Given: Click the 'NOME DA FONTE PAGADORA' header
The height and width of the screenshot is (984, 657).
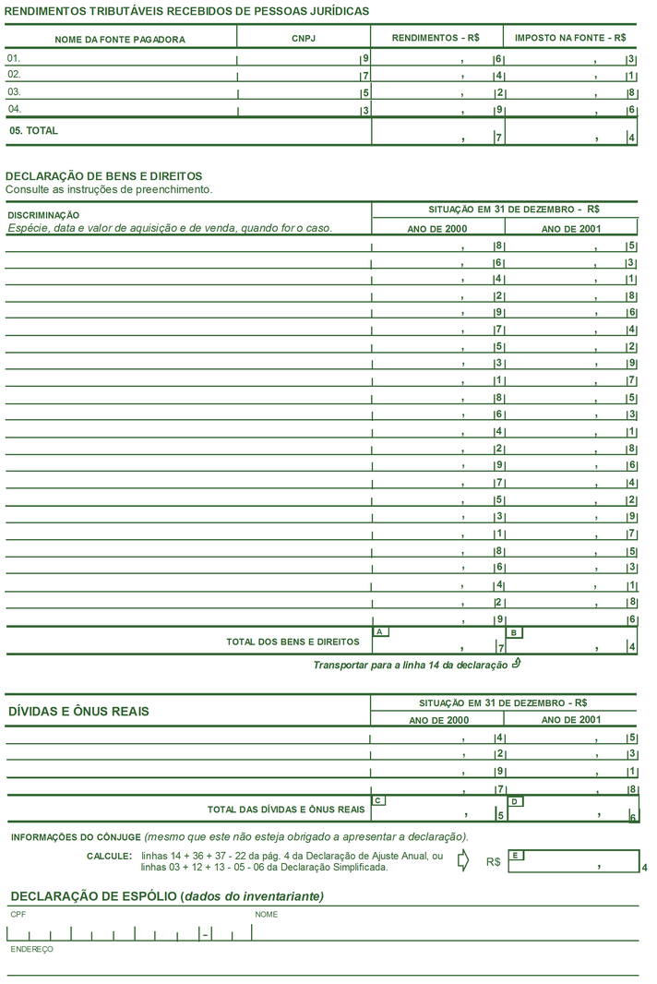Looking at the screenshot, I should click(120, 40).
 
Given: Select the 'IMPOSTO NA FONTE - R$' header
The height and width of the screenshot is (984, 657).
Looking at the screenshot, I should click(570, 38).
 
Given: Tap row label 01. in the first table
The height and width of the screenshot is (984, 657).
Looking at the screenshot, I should click(14, 58).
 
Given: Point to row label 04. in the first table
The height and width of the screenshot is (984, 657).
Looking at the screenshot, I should click(14, 109).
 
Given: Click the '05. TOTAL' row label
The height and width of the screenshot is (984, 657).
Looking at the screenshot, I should click(33, 131).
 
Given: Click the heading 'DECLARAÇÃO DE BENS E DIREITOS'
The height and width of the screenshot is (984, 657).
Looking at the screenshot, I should click(103, 175).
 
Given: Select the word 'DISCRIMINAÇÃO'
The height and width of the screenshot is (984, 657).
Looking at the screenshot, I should click(43, 215).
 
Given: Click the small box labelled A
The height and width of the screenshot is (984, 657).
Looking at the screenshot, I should click(380, 631).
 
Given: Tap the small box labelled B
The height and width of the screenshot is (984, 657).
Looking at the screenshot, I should click(515, 632).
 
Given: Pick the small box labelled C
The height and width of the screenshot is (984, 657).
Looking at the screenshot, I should click(378, 800).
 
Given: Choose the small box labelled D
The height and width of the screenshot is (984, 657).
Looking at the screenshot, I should click(515, 801).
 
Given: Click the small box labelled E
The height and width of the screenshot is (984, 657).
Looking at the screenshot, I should click(517, 856).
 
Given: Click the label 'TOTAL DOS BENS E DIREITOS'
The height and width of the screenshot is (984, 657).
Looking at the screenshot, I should click(293, 642).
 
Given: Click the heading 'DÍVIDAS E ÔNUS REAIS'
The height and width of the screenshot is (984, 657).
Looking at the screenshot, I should click(78, 712).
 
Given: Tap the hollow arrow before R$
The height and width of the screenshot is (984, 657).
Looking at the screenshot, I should click(463, 860).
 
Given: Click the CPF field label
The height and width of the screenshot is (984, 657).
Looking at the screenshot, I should click(18, 914).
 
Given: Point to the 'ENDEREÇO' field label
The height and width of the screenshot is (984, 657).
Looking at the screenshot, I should click(31, 949).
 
